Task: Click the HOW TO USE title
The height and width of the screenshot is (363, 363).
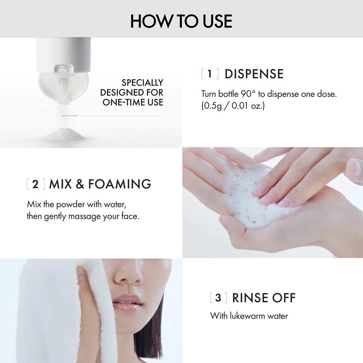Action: tap(181, 22)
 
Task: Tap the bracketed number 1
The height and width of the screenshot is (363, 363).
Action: tap(210, 74)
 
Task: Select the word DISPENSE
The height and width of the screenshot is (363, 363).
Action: tap(254, 74)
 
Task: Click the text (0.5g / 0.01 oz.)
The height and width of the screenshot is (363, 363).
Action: tap(233, 107)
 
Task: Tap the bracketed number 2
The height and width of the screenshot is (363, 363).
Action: tap(35, 184)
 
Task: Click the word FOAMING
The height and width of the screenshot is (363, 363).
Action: tap(120, 184)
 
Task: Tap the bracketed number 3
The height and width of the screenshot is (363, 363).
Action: tap(218, 298)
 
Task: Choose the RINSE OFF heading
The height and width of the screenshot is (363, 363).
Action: tap(264, 298)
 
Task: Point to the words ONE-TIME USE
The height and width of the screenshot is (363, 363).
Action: tap(133, 103)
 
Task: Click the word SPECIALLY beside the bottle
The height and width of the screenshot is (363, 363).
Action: tap(142, 83)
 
